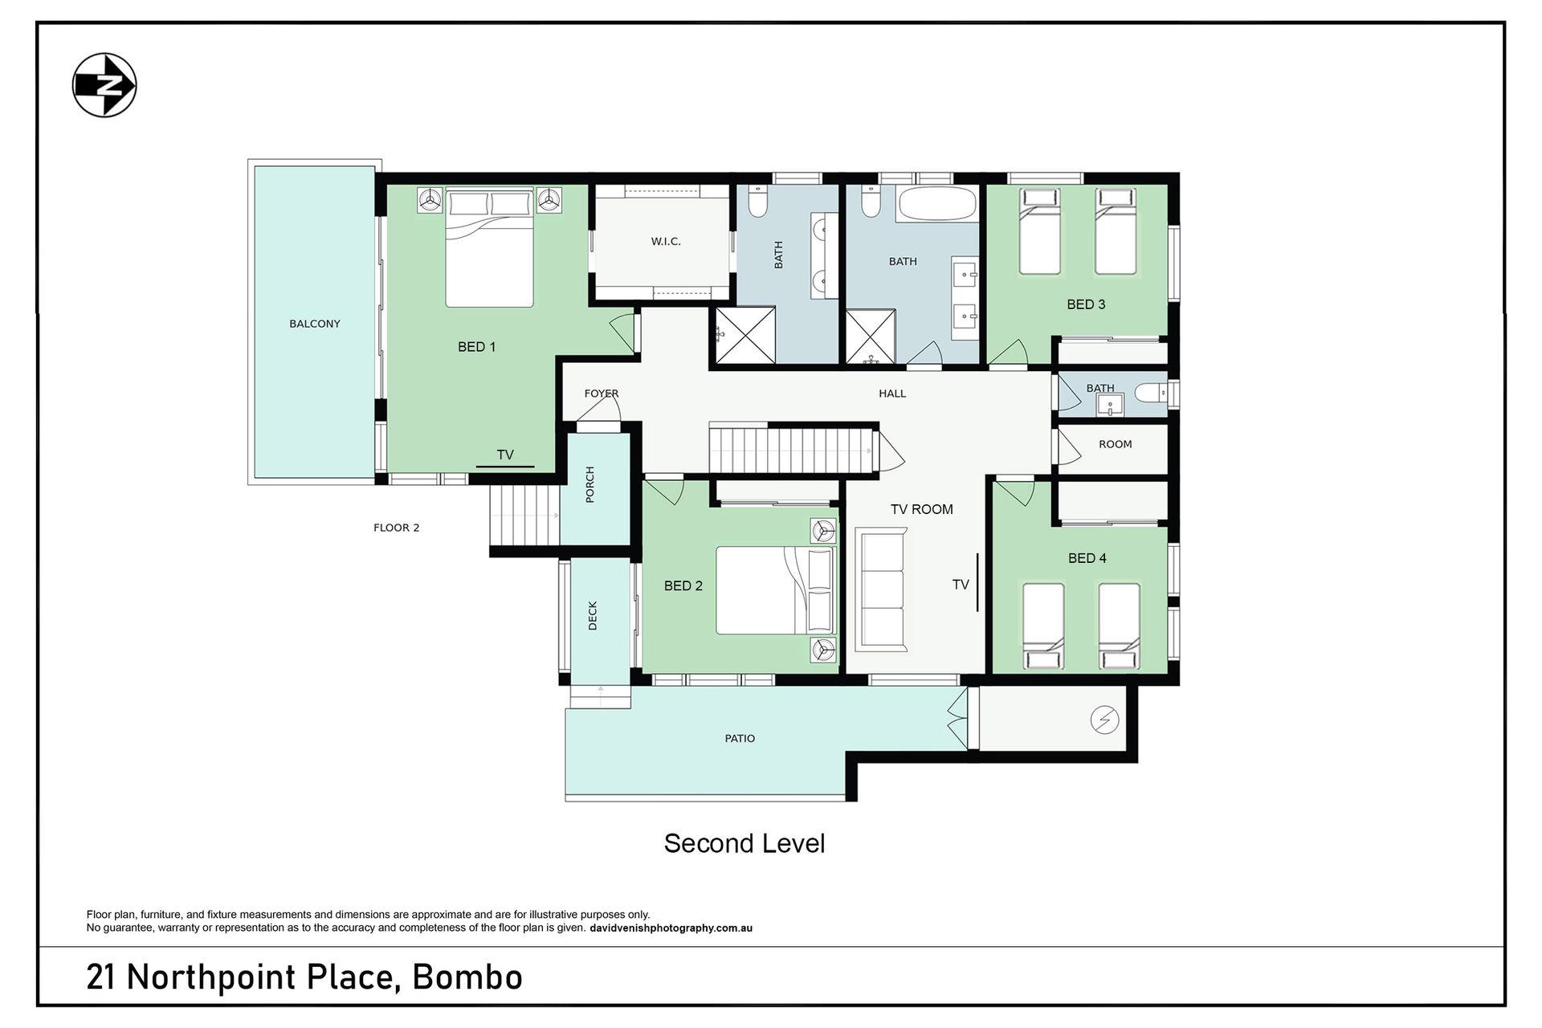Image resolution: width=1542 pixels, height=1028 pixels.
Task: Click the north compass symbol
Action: click(x=104, y=85)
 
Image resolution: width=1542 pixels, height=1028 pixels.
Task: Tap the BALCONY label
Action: click(x=315, y=324)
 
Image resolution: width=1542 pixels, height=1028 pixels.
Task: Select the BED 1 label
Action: click(x=476, y=347)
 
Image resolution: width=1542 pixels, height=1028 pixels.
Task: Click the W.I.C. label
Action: click(x=666, y=242)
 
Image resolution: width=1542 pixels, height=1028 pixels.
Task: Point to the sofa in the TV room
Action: click(x=881, y=589)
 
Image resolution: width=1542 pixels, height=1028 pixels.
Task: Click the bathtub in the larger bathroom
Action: click(x=937, y=203)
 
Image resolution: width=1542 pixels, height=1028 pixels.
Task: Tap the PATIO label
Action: click(x=740, y=738)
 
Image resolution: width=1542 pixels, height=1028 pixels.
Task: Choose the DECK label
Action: click(x=593, y=616)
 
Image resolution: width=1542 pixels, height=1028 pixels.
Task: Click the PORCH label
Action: click(x=590, y=484)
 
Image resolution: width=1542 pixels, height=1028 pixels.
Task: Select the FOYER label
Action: click(x=602, y=394)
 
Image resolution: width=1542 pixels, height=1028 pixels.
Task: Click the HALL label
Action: click(x=892, y=394)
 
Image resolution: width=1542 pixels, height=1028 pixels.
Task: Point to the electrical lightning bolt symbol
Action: click(x=1104, y=720)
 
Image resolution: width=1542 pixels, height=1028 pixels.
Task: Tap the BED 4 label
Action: click(x=1087, y=558)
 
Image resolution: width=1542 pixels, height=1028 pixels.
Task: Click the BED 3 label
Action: click(x=1086, y=304)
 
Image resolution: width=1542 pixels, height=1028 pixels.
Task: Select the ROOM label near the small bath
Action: click(x=1116, y=444)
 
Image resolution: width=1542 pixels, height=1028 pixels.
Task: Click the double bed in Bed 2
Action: click(x=774, y=590)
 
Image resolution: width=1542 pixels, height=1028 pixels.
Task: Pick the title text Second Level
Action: click(x=744, y=843)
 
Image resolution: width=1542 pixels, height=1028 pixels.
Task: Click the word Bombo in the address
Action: click(x=467, y=977)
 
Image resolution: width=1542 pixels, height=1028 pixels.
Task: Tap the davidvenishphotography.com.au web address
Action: click(x=671, y=928)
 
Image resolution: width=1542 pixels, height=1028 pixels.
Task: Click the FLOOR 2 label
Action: click(x=397, y=528)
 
